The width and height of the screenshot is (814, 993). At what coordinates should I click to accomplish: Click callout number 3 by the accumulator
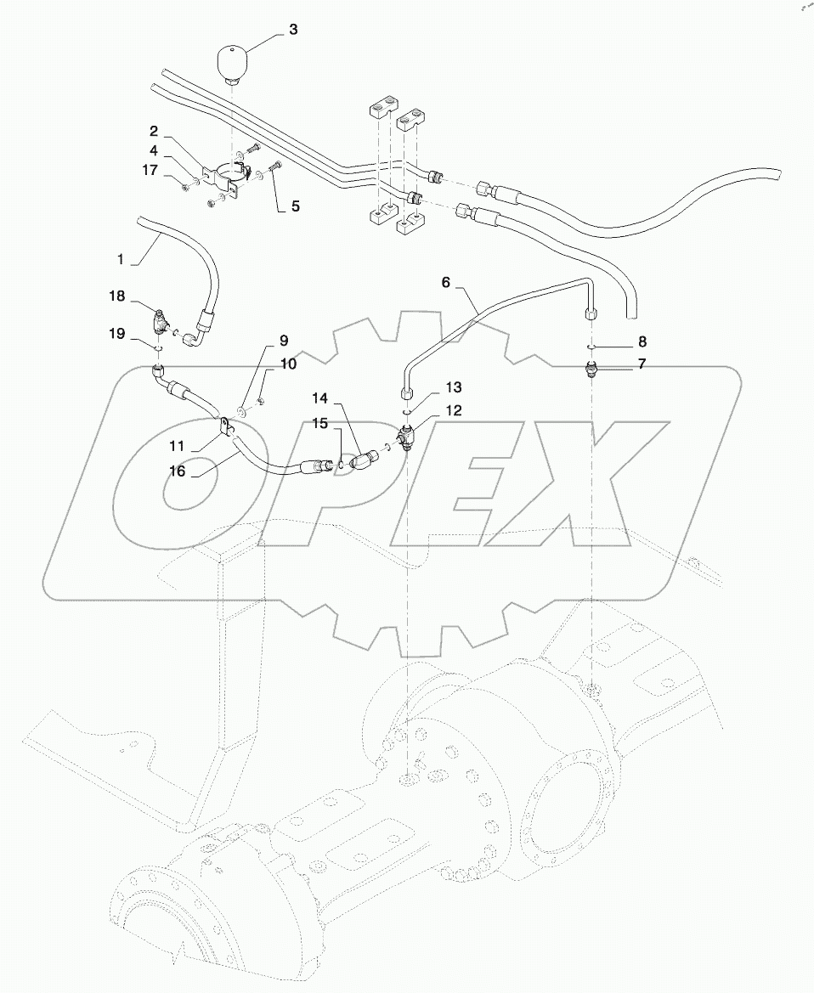[x=292, y=30]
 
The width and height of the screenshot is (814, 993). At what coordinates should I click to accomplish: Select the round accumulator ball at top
[x=231, y=61]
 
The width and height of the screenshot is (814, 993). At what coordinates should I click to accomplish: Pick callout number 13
[x=454, y=388]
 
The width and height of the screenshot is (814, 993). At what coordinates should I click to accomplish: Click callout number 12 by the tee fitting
[x=454, y=410]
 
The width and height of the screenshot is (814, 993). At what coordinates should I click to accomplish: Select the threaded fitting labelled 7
[x=592, y=370]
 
